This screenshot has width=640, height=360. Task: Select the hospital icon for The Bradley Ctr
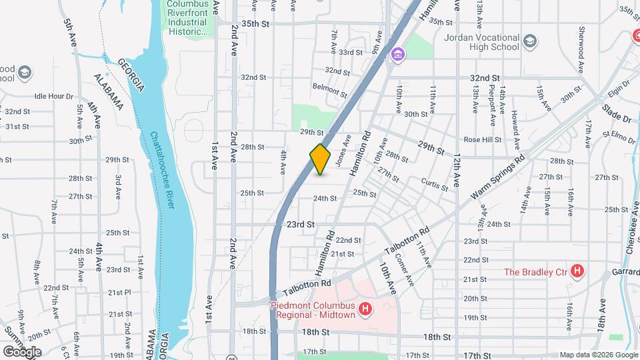tap(578, 271)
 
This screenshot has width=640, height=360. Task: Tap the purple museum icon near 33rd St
tap(398, 54)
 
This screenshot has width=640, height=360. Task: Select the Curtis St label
tap(435, 184)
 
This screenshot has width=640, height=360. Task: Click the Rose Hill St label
tap(483, 140)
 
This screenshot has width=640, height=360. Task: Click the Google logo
tap(21, 351)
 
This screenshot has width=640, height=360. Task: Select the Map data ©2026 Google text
tap(597, 355)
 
